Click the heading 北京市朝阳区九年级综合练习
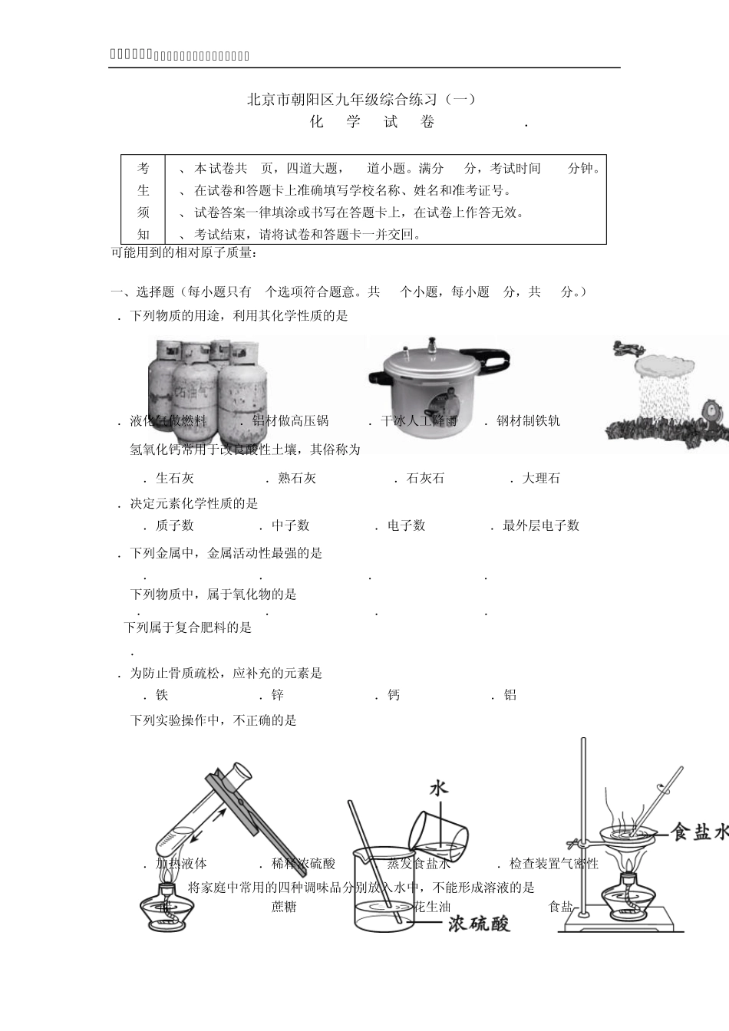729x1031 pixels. coord(361,99)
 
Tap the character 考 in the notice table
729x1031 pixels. coord(143,169)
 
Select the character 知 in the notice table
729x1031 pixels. coord(143,235)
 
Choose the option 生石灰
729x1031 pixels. coord(174,478)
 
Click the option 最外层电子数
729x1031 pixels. coord(540,525)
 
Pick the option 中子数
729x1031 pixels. coord(290,525)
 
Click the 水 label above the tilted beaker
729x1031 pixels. coord(438,789)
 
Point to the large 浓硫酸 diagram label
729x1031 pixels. coord(480,923)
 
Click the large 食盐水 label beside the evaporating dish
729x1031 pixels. coord(698,832)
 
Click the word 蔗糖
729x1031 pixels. coord(284,907)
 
